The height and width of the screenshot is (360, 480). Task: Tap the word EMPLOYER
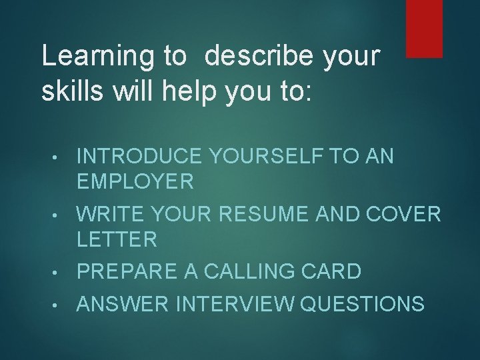[x=135, y=181]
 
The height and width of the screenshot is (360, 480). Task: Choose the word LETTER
[x=117, y=239]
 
